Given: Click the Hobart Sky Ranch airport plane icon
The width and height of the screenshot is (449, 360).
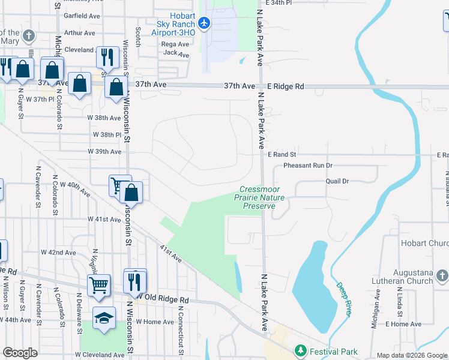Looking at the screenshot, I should click(204, 23).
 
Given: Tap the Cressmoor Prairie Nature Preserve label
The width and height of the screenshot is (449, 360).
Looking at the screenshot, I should click(259, 197).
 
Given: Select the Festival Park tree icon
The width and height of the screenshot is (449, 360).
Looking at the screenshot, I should click(300, 350).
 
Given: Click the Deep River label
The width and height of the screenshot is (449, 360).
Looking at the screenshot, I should click(343, 300).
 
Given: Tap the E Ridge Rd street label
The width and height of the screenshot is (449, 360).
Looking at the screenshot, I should click(286, 86).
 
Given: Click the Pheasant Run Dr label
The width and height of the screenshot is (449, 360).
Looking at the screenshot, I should click(308, 165).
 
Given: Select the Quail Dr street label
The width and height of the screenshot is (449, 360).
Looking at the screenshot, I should click(337, 181).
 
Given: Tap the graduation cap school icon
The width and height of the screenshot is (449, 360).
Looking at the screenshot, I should click(104, 317).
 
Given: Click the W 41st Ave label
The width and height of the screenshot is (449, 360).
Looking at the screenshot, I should click(104, 220).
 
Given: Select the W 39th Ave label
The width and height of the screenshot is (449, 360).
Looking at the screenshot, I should click(104, 152).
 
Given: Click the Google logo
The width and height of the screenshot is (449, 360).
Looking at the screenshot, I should click(20, 353).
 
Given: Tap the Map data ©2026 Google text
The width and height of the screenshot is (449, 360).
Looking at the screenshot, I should click(411, 355).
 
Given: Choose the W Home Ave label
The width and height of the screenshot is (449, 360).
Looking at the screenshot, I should click(154, 322).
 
